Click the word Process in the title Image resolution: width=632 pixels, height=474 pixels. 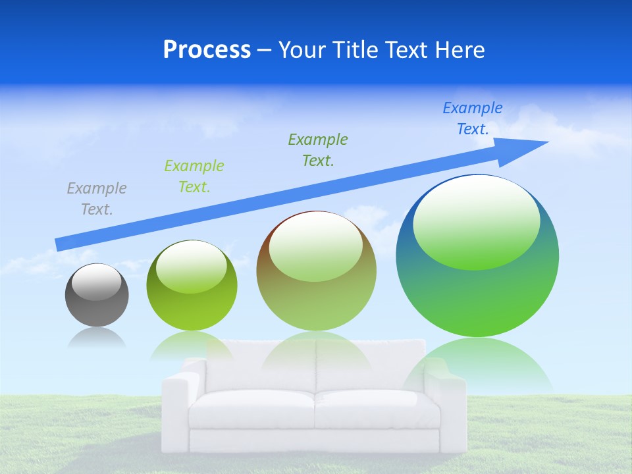pyautogui.click(x=207, y=50)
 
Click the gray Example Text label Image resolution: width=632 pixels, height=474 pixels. pyautogui.click(x=97, y=199)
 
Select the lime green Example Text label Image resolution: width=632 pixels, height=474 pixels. pyautogui.click(x=194, y=176)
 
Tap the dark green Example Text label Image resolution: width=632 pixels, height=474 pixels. pyautogui.click(x=318, y=149)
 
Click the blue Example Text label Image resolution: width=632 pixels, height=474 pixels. pyautogui.click(x=473, y=118)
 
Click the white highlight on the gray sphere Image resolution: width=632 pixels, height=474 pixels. pyautogui.click(x=97, y=283)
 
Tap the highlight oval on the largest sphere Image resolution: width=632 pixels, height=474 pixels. pyautogui.click(x=476, y=224)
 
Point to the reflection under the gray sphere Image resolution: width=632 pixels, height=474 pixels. pyautogui.click(x=97, y=338)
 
